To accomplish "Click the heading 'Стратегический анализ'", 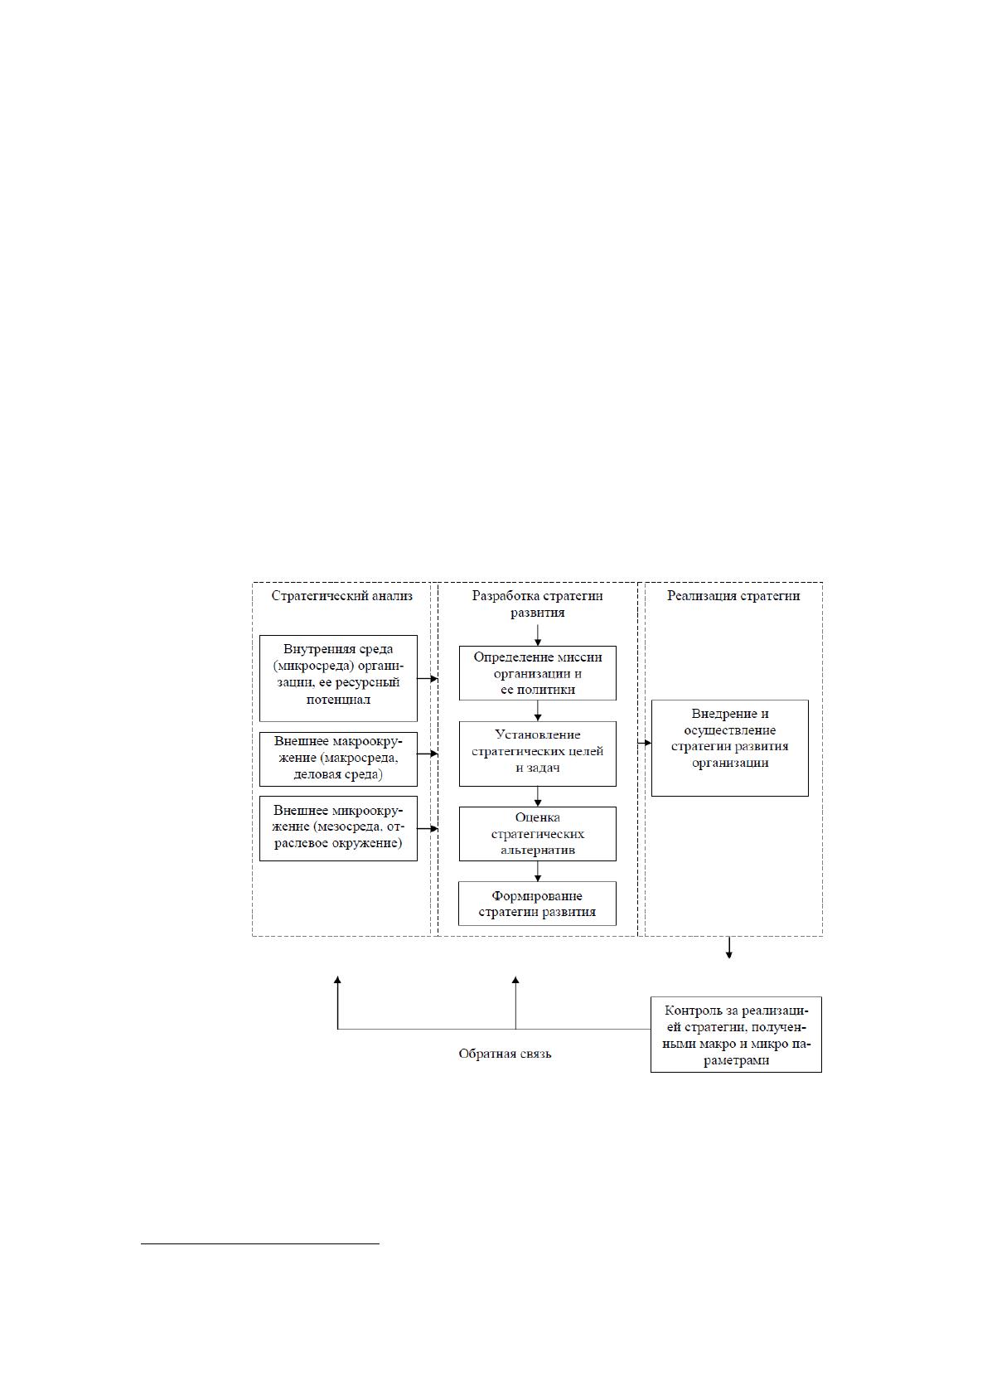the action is pyautogui.click(x=341, y=596).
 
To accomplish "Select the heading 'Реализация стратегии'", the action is pyautogui.click(x=733, y=596).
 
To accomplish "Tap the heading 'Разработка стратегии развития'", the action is pyautogui.click(x=537, y=603).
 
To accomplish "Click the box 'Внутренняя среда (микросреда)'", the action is pyautogui.click(x=338, y=678).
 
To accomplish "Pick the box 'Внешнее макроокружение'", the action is pyautogui.click(x=338, y=759).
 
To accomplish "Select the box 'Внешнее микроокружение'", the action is pyautogui.click(x=338, y=828).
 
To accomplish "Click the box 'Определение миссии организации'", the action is pyautogui.click(x=538, y=673).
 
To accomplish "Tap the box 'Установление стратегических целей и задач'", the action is pyautogui.click(x=538, y=754).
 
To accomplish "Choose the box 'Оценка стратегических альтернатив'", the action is pyautogui.click(x=538, y=834).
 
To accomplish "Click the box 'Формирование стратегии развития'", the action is pyautogui.click(x=537, y=903).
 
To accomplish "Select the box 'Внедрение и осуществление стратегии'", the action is pyautogui.click(x=729, y=748).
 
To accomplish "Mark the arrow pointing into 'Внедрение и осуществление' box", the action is pyautogui.click(x=644, y=743).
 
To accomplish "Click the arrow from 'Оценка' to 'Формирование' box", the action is pyautogui.click(x=538, y=871).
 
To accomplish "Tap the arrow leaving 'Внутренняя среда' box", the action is pyautogui.click(x=428, y=679).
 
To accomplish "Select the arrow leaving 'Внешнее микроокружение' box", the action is pyautogui.click(x=428, y=829).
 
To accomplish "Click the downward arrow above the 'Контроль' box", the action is pyautogui.click(x=729, y=948).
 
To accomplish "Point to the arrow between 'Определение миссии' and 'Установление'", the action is pyautogui.click(x=538, y=711).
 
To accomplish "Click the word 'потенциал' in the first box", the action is pyautogui.click(x=338, y=700).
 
